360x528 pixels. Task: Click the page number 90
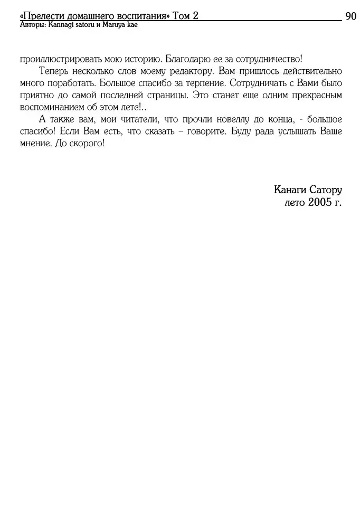pos(351,16)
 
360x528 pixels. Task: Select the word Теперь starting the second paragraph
pos(53,71)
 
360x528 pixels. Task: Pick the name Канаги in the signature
pos(289,190)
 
